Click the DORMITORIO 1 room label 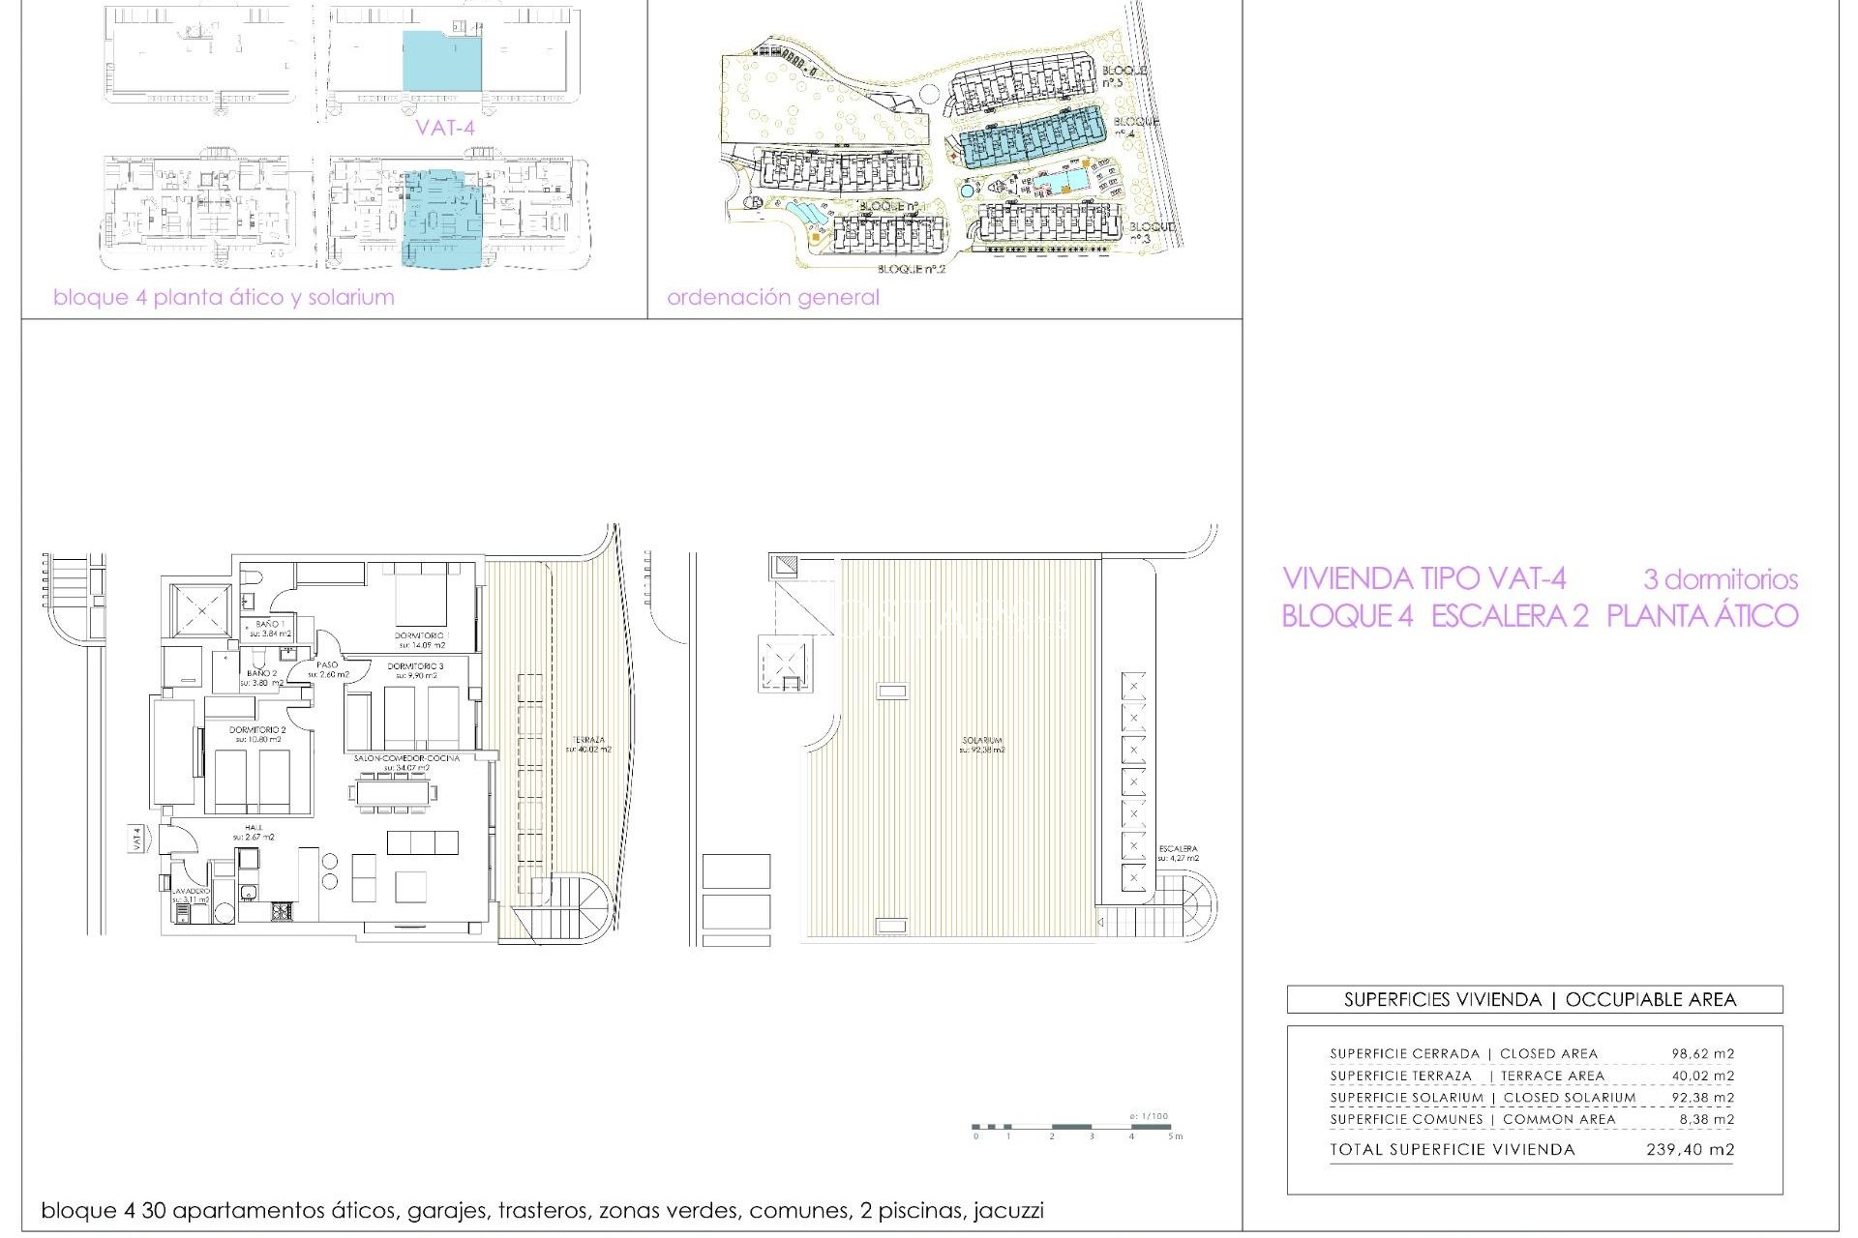coord(420,635)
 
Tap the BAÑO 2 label coord(261,673)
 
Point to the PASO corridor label coord(327,665)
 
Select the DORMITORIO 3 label coord(415,666)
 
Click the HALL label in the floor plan coord(254,828)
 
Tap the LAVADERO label coord(191,891)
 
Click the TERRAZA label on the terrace coord(588,741)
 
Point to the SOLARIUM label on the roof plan coord(982,741)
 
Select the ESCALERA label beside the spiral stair coord(1178,849)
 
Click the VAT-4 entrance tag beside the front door coord(136,839)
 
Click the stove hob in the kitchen coord(282,910)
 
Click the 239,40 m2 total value coord(1690,1150)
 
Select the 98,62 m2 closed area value coord(1702,1054)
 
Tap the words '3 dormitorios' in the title coord(1720,580)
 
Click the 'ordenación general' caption coord(772,297)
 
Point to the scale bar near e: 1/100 coord(1071,1127)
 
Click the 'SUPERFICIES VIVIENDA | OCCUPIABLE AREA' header coord(1539,1000)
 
